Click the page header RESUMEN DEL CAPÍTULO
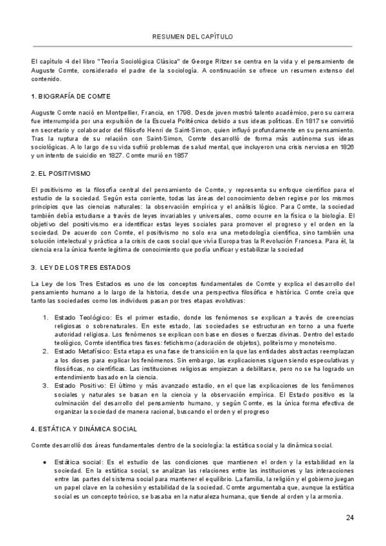(x=192, y=37)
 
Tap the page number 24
(x=349, y=518)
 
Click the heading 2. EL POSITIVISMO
(x=60, y=174)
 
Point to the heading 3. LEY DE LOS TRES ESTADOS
(x=80, y=267)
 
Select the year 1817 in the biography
(x=309, y=120)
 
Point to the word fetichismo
(x=173, y=344)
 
